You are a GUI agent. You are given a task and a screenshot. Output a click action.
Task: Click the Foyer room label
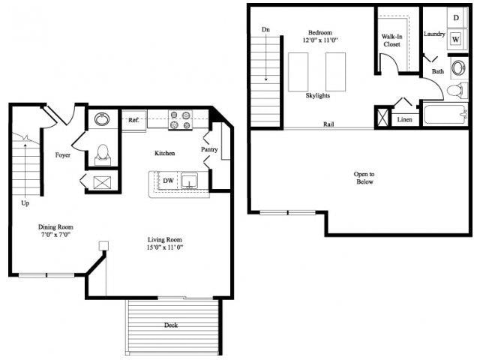(63, 155)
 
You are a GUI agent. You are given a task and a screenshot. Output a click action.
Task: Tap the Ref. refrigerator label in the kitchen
(133, 120)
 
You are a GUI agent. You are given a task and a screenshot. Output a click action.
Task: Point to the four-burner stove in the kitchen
(181, 120)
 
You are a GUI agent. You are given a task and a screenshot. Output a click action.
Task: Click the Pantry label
(209, 149)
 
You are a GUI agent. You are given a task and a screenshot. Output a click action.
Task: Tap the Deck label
(172, 325)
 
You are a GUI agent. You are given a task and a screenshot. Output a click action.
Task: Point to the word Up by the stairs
(25, 203)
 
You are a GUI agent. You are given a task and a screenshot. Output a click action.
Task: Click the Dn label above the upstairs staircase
(265, 29)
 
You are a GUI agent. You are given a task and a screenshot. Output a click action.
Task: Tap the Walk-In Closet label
(391, 40)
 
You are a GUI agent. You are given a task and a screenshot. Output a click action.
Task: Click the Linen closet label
(404, 119)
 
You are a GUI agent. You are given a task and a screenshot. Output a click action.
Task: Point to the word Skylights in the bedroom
(318, 96)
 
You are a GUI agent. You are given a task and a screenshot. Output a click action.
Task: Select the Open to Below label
(364, 178)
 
